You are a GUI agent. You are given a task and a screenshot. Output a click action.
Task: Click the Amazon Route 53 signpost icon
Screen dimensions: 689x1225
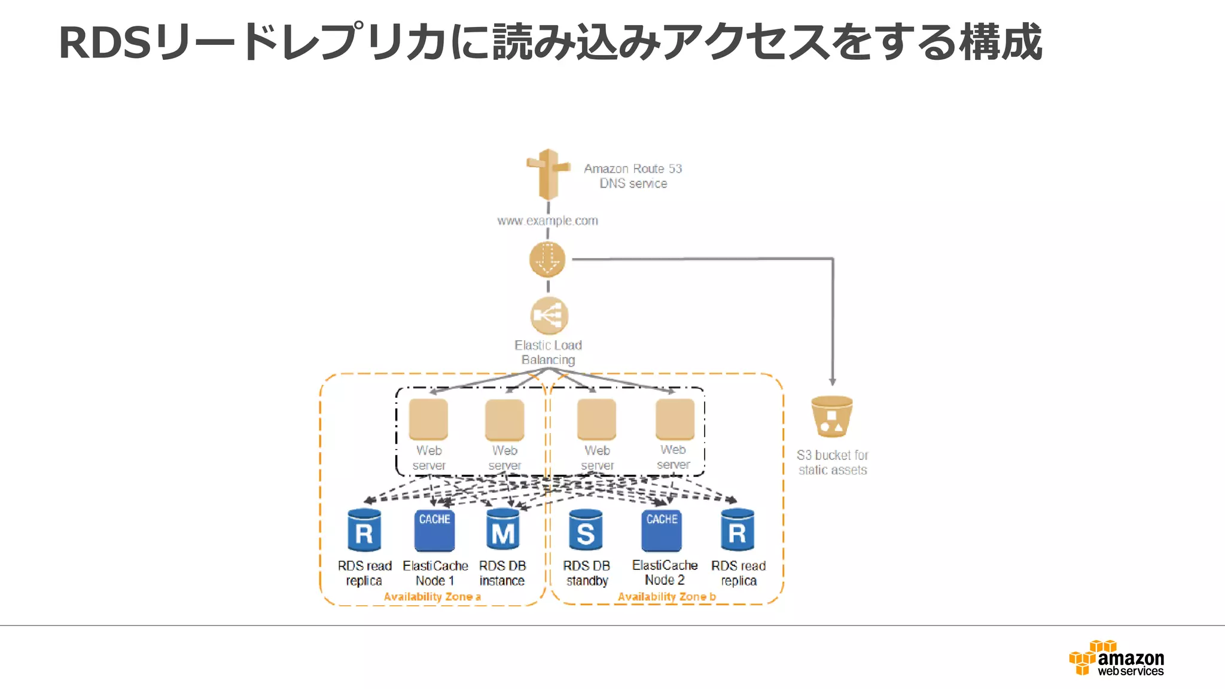click(x=548, y=174)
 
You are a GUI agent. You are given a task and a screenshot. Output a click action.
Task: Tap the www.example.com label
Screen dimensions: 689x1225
click(x=547, y=221)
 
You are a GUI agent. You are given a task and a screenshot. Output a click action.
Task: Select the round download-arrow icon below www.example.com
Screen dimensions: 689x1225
click(x=547, y=260)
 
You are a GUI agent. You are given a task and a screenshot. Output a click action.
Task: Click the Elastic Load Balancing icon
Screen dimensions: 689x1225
click(x=548, y=315)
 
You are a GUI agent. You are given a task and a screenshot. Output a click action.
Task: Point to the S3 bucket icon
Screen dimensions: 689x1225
click(x=831, y=416)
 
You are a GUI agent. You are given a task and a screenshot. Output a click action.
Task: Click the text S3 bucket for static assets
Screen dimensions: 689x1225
click(x=832, y=462)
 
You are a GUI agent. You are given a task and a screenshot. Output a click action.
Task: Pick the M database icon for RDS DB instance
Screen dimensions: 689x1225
click(x=502, y=531)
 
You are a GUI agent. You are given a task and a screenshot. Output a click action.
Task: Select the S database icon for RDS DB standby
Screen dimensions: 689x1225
click(x=586, y=531)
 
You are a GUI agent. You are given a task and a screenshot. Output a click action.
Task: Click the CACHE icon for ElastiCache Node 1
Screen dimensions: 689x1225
click(x=434, y=531)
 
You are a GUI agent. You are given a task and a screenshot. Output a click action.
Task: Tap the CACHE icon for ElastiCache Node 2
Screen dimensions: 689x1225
click(x=662, y=531)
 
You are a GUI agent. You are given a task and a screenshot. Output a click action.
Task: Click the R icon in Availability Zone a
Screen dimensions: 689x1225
click(x=364, y=531)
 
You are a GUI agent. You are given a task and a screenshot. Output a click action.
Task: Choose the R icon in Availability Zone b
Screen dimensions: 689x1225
click(x=738, y=531)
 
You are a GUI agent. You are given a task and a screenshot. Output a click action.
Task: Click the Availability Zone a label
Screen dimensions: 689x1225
click(x=432, y=597)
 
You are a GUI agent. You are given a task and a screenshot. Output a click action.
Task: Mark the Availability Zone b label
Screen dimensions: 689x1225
click(x=666, y=597)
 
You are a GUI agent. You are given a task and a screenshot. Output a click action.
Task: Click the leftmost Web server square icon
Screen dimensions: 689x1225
click(x=428, y=419)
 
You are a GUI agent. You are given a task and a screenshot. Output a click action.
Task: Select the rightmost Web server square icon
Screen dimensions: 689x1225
click(x=675, y=419)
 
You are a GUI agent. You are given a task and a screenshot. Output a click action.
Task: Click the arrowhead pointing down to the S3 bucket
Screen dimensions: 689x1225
click(x=832, y=382)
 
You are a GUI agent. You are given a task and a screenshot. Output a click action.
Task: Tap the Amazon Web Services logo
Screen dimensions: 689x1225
click(x=1117, y=658)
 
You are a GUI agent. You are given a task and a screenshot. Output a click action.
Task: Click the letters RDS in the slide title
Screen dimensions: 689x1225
click(x=105, y=43)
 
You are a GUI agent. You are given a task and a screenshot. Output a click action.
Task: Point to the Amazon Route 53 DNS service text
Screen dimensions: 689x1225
click(x=633, y=176)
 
